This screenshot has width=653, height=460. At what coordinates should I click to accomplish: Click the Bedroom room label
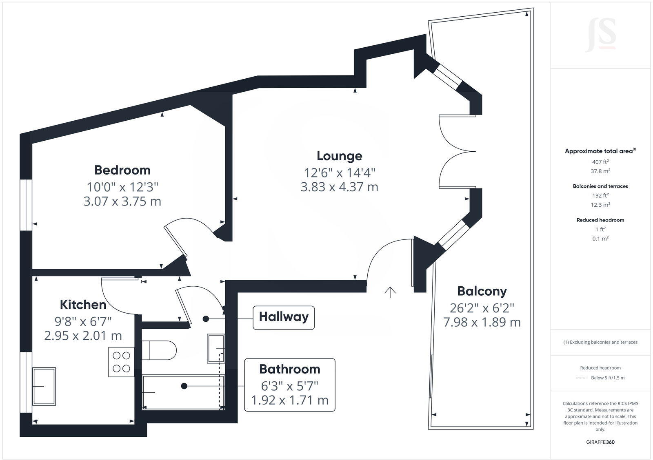(122, 170)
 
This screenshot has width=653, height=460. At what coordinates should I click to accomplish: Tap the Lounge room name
(339, 156)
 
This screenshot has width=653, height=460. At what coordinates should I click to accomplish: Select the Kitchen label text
(83, 305)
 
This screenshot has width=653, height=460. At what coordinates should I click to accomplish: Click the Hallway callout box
(284, 317)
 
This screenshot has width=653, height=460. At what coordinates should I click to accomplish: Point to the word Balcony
(482, 291)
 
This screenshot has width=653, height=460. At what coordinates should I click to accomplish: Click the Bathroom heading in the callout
(289, 369)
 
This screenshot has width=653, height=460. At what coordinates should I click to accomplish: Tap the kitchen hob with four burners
(121, 362)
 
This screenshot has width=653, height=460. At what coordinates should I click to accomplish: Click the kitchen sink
(44, 386)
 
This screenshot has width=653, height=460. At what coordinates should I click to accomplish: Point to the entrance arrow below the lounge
(390, 292)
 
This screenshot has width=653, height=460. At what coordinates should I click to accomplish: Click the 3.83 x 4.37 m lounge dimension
(339, 187)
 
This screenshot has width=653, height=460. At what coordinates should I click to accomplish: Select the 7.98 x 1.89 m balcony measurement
(482, 322)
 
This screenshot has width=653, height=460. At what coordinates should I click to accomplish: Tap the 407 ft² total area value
(600, 162)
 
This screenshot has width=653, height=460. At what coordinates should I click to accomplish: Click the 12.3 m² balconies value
(600, 205)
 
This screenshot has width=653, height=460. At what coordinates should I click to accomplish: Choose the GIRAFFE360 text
(600, 442)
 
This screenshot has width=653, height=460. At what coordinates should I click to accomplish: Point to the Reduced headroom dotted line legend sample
(582, 378)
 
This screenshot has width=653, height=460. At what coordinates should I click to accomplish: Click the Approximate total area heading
(599, 151)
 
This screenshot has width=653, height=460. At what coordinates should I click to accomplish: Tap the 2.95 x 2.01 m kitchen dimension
(83, 336)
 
